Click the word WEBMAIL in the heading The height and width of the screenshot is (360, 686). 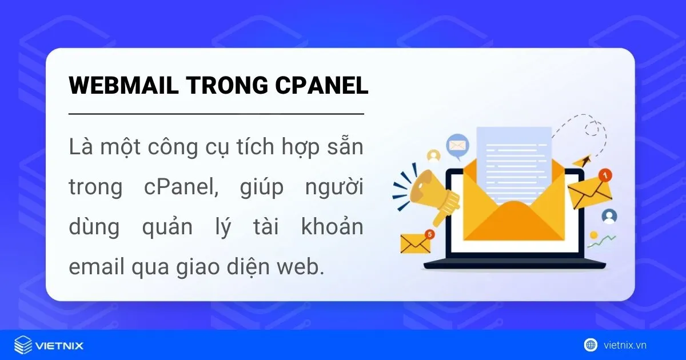coord(123,85)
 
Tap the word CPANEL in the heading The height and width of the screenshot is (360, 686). coord(321,85)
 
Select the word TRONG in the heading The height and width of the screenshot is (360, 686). coord(227,85)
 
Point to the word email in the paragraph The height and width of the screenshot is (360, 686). coord(97,267)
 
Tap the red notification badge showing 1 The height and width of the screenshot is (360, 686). coord(605,175)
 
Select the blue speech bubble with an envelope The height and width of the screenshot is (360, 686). coord(457,146)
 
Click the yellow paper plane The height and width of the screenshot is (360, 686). coord(581,161)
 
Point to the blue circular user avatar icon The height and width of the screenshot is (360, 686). coord(609,216)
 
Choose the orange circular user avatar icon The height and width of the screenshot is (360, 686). coord(434,156)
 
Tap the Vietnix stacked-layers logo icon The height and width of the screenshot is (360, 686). coord(23,345)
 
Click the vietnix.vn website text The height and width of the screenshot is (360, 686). coord(625,345)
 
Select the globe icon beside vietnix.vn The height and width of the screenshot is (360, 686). coord(591,345)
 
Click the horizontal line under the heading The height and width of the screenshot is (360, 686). coord(216,114)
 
